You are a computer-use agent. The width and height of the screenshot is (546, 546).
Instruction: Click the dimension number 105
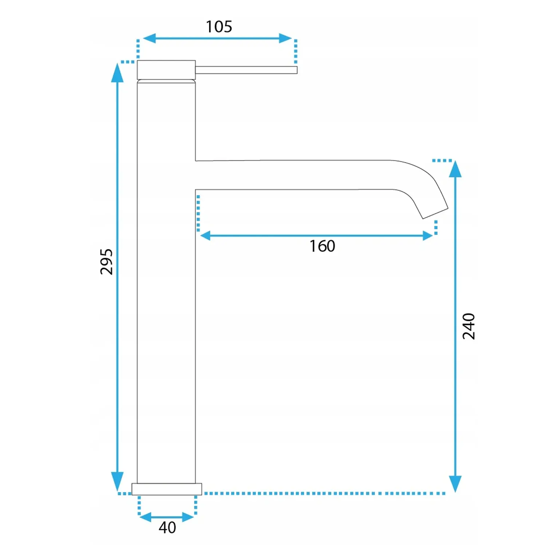click(x=219, y=27)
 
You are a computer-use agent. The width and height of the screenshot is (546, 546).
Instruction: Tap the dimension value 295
click(x=107, y=262)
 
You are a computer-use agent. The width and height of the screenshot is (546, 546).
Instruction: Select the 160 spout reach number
click(x=322, y=246)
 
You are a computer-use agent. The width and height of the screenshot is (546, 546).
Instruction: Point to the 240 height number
click(x=469, y=326)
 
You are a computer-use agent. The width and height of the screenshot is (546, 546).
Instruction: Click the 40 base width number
click(x=167, y=527)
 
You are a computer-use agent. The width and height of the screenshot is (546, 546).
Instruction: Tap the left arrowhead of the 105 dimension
click(x=149, y=38)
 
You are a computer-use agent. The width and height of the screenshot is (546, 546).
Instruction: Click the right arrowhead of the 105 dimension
click(x=285, y=38)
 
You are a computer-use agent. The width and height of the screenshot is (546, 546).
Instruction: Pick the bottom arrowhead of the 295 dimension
click(x=117, y=481)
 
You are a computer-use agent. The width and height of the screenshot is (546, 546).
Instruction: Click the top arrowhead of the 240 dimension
click(x=455, y=169)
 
